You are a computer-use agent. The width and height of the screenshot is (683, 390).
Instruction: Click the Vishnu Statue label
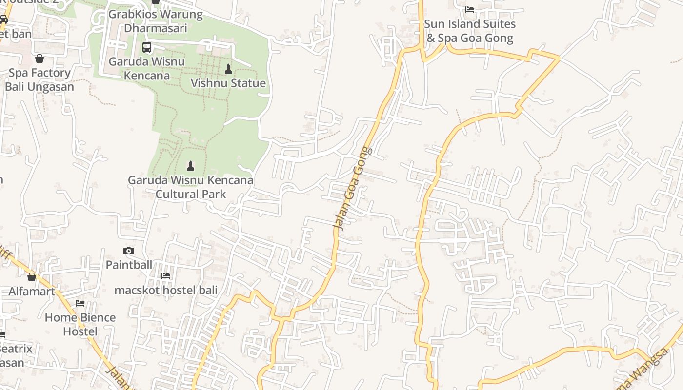click(x=228, y=83)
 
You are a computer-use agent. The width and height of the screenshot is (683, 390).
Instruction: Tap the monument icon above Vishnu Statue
click(x=228, y=69)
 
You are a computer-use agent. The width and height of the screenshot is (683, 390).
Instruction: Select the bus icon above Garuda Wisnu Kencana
click(x=147, y=47)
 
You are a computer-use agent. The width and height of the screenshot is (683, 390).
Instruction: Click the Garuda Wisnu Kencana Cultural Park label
click(x=191, y=187)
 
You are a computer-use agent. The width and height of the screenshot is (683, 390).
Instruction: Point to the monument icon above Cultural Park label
click(x=191, y=166)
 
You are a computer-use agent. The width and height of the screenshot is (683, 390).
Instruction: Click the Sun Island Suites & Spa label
click(x=470, y=31)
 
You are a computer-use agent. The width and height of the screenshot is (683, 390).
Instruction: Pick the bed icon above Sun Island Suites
click(x=470, y=9)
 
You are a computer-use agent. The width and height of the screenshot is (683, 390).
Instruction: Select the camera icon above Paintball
click(x=129, y=251)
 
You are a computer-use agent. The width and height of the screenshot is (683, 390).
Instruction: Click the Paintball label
click(x=129, y=265)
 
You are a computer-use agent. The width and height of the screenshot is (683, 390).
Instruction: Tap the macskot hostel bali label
click(x=166, y=290)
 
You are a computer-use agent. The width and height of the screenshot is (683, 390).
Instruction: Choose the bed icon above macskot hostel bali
click(x=166, y=276)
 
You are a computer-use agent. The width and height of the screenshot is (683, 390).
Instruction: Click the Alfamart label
click(x=32, y=291)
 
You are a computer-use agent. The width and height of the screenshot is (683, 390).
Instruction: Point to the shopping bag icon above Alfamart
click(x=32, y=277)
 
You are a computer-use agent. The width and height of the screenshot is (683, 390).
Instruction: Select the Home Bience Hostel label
click(x=80, y=324)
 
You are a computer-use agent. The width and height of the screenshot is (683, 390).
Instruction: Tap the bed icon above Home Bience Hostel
click(x=80, y=303)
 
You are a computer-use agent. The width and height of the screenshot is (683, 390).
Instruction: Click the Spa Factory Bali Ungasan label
click(x=40, y=80)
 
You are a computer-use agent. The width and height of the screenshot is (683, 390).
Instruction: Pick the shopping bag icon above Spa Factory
click(x=40, y=58)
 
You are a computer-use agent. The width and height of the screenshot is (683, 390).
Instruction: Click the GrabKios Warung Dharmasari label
click(x=156, y=21)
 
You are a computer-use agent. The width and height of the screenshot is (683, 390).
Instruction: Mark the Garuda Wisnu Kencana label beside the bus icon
click(x=147, y=68)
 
